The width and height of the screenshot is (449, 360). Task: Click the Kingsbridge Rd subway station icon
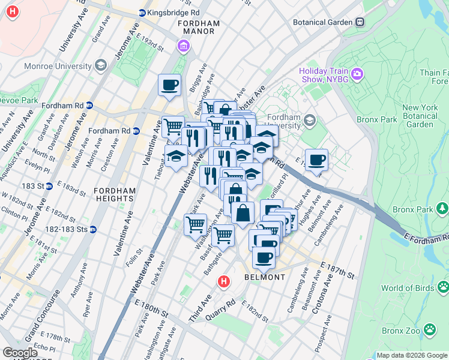coord(142,12)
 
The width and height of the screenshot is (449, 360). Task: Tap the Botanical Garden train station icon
coord(360,22)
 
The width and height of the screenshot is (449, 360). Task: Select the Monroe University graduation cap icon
coord(100,65)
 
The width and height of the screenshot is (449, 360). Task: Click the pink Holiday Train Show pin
coord(358,74)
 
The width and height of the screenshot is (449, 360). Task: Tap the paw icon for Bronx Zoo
coord(430,329)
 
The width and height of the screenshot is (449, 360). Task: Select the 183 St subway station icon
coord(49,186)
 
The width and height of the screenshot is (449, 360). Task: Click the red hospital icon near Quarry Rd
coord(223,281)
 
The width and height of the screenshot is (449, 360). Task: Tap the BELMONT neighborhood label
coord(265,277)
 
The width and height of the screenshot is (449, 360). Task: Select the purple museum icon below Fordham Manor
coord(183,46)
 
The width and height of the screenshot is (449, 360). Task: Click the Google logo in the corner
coord(20,353)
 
